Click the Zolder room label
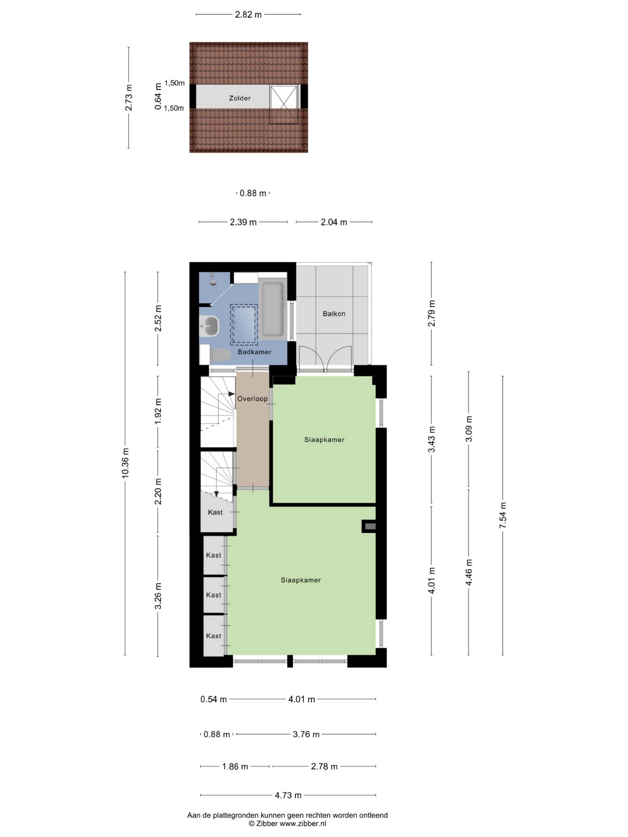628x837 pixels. tap(240, 98)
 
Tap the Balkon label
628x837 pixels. tap(334, 314)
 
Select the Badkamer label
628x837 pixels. tap(254, 352)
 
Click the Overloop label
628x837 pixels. tap(253, 399)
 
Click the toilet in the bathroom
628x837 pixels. tap(221, 355)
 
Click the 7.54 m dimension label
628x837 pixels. tap(502, 515)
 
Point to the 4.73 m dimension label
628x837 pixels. tap(288, 795)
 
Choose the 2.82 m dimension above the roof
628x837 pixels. tap(248, 15)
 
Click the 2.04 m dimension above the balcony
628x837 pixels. tap(334, 222)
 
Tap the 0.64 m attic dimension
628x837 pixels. tap(158, 96)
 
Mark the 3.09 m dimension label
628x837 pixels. tap(469, 429)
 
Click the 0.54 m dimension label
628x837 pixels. tap(214, 699)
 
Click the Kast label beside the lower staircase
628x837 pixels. tap(216, 512)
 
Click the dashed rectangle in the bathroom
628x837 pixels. tap(244, 324)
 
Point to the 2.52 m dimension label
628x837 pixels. tap(158, 318)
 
